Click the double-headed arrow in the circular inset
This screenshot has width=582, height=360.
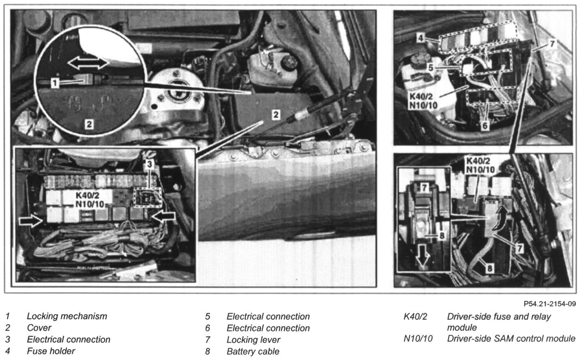click(88, 64)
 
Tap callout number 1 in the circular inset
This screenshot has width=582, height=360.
click(55, 83)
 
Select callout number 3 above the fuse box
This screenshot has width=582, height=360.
click(149, 164)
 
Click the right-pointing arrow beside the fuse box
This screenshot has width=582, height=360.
click(31, 221)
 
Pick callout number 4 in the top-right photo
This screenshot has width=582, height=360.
click(421, 38)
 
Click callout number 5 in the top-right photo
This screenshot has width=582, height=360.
click(431, 68)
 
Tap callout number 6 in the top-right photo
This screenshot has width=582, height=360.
click(485, 126)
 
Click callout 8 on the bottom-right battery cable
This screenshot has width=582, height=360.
click(490, 268)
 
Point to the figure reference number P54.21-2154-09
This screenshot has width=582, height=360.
click(550, 304)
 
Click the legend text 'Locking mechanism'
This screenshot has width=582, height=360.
click(67, 316)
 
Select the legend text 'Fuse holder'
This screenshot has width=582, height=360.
click(51, 351)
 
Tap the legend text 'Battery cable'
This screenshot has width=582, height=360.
click(253, 352)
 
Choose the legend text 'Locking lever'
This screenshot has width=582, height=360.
click(253, 340)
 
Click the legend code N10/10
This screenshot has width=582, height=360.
click(418, 339)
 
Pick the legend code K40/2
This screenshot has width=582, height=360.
click(415, 317)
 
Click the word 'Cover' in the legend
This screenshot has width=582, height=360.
click(39, 328)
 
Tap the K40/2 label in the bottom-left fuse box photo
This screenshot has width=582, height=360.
click(87, 195)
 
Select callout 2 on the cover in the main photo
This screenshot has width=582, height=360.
click(276, 114)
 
